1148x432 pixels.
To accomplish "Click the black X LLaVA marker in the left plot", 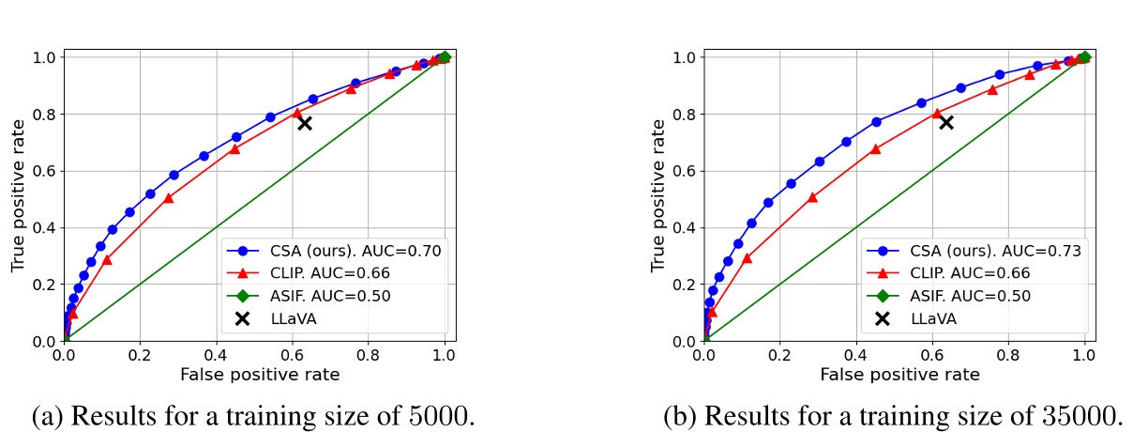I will coord(304,122).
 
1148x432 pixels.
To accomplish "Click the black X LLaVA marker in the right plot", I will coord(945,122).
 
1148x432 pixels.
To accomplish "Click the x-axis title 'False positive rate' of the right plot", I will coord(899,375).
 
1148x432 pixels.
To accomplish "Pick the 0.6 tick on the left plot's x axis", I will coord(293,356).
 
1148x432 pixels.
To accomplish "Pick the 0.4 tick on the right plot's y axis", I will coord(683,228).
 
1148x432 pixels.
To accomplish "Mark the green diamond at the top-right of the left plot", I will coord(445,57).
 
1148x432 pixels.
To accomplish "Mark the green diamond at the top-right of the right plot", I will coord(1085,57).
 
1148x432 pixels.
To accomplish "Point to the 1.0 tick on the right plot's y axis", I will coord(683,57).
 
